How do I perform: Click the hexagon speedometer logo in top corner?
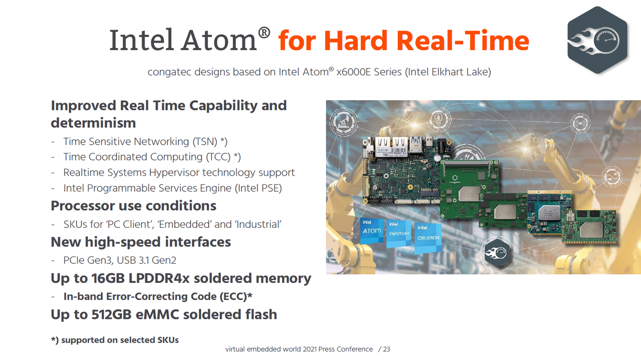click(597, 40)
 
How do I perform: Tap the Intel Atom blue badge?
click(372, 231)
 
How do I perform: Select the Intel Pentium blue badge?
click(399, 234)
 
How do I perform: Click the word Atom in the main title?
click(219, 40)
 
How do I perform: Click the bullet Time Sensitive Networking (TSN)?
click(145, 142)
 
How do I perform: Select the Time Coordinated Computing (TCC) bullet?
click(152, 157)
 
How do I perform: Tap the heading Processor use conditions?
click(133, 206)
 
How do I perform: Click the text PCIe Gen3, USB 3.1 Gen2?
click(120, 260)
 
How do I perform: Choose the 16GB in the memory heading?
click(108, 278)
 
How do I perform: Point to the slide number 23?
click(387, 349)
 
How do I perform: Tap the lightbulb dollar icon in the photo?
click(438, 119)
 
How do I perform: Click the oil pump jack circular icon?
click(344, 122)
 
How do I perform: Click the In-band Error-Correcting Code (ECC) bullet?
click(158, 296)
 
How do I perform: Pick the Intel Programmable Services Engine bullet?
click(173, 188)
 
